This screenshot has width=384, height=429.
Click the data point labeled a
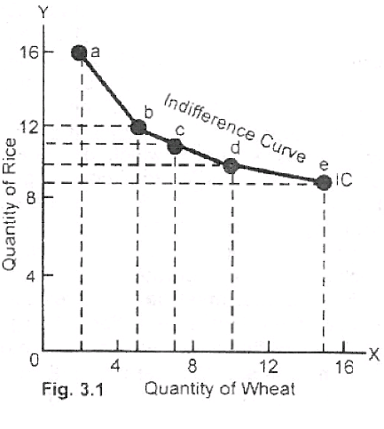pos(80,52)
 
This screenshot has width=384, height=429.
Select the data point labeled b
pos(138,126)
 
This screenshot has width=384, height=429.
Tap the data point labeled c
pos(175,146)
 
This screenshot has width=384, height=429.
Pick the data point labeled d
pos(231,165)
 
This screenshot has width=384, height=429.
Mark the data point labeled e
pos(324,182)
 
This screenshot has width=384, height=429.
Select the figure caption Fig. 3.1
pos(72,389)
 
